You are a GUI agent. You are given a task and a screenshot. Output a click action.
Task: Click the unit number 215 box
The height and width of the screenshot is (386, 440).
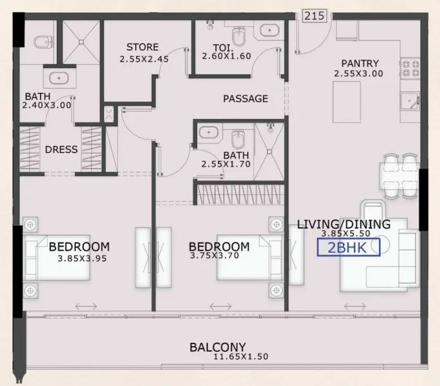click(315, 15)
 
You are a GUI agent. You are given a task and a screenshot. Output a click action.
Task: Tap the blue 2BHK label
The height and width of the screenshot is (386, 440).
click(347, 247)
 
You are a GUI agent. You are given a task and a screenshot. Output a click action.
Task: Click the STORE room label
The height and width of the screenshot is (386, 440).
click(142, 47)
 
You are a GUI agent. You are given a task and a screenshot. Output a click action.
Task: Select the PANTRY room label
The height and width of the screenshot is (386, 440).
click(360, 63)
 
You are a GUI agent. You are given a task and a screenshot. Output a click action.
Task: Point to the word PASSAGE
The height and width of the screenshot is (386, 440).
click(245, 98)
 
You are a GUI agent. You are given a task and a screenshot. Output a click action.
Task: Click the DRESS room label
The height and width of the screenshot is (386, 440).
click(62, 149)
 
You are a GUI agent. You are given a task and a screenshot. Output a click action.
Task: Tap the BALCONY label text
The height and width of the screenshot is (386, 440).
click(218, 347)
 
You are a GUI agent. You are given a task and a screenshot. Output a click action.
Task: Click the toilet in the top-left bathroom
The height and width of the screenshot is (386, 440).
click(41, 42)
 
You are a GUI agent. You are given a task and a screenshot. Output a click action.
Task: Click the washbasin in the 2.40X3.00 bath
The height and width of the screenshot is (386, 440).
click(60, 78)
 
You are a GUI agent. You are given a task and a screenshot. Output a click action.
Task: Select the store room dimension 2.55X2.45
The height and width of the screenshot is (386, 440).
click(143, 59)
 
